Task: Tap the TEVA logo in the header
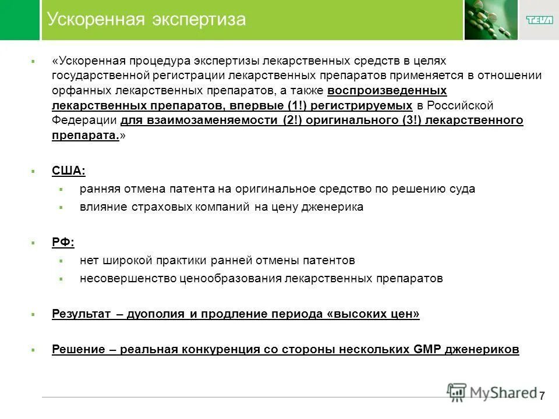539,20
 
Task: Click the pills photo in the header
491,20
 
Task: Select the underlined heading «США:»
68,171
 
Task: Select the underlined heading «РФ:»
63,242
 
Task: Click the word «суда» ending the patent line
462,189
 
